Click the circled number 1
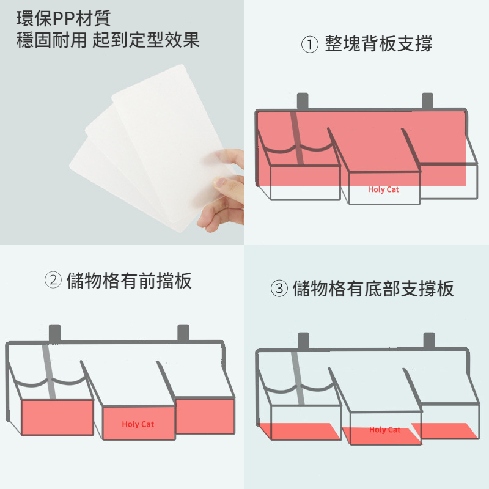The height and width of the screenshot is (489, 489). [x=309, y=44]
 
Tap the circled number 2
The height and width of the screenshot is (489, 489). [x=53, y=280]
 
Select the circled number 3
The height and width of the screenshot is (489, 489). [x=279, y=288]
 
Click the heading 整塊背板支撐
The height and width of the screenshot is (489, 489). [x=378, y=43]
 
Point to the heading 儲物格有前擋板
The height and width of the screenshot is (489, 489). [x=129, y=281]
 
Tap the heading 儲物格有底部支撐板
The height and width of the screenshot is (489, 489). [x=373, y=289]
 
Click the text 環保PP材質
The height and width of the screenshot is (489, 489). [x=64, y=18]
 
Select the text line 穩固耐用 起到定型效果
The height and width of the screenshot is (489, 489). [x=108, y=40]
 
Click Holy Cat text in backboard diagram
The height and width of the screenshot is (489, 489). [x=383, y=189]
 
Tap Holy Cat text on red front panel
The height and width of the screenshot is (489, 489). [x=138, y=424]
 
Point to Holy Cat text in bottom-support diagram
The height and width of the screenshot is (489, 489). [x=384, y=430]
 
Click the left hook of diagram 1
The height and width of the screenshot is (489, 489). [x=303, y=101]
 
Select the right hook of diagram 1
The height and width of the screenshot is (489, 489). [x=427, y=101]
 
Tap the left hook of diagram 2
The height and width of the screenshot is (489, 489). [x=54, y=333]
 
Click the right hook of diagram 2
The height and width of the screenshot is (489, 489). [x=183, y=333]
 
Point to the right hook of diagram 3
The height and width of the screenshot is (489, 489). [x=429, y=341]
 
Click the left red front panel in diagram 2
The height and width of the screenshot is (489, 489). [x=57, y=417]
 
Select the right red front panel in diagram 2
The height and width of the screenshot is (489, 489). [x=205, y=416]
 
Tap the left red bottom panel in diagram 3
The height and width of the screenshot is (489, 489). [x=300, y=431]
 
